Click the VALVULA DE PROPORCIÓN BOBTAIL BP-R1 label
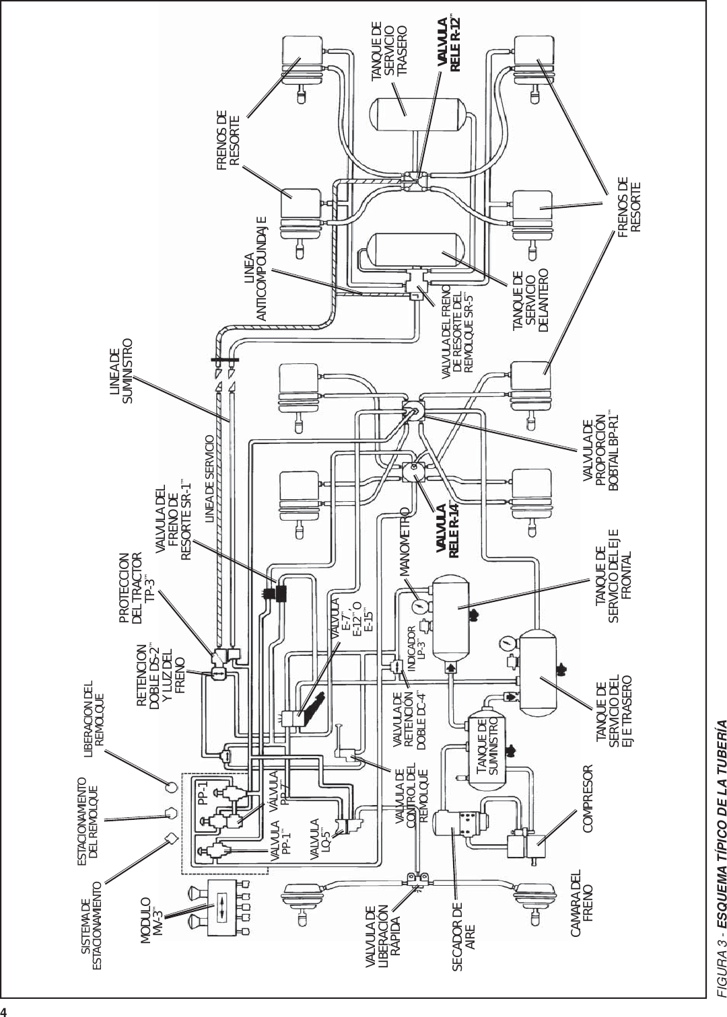pos(599,458)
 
